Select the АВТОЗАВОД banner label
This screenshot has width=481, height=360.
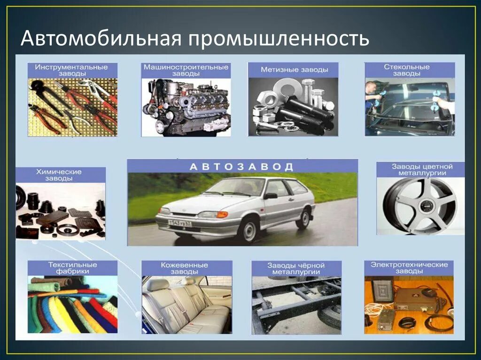(x=242, y=166)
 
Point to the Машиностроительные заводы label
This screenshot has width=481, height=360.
(x=186, y=70)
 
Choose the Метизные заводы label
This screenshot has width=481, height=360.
(x=293, y=70)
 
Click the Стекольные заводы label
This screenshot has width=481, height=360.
(x=410, y=70)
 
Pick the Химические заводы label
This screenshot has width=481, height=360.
(x=61, y=175)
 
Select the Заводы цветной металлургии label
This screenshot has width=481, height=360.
(x=421, y=169)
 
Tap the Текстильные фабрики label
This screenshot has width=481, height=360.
(x=72, y=268)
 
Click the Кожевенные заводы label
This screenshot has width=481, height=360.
(x=186, y=268)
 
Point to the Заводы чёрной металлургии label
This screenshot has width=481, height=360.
(x=296, y=268)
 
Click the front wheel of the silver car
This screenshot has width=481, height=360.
(x=248, y=229)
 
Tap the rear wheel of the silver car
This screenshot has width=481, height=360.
(x=303, y=218)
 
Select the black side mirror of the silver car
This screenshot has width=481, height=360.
(x=271, y=196)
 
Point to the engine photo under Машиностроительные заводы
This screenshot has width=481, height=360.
(x=186, y=107)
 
